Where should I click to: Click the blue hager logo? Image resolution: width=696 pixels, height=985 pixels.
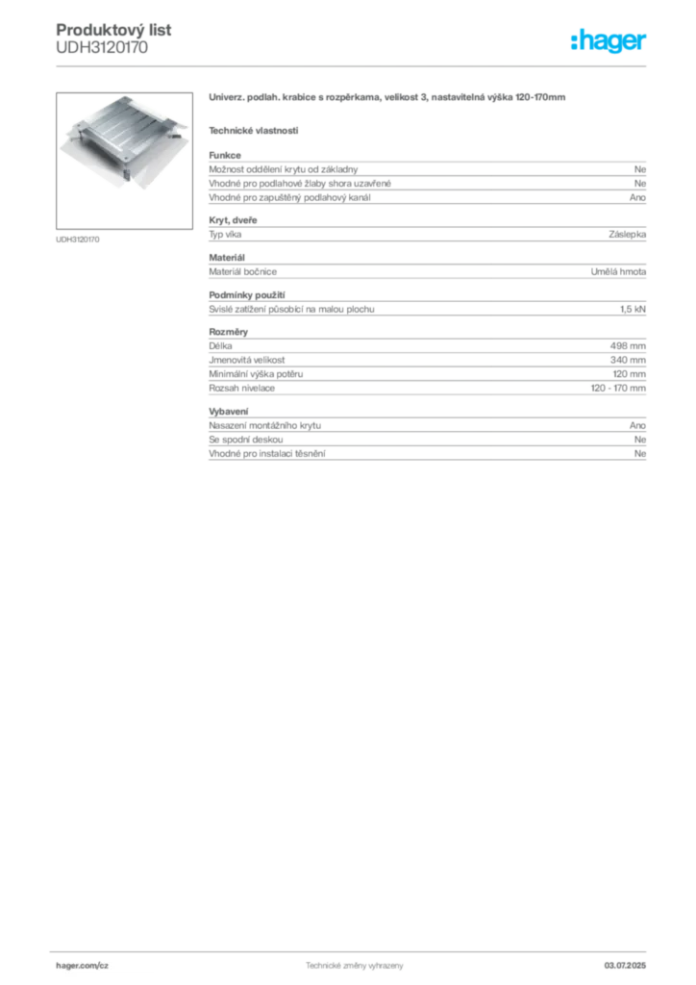click(609, 41)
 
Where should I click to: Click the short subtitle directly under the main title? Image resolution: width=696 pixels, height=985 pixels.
click(254, 130)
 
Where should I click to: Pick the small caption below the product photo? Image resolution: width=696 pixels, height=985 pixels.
click(80, 238)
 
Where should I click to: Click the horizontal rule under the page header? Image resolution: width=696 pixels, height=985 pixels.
click(354, 65)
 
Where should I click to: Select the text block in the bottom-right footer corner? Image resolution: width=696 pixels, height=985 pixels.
click(631, 962)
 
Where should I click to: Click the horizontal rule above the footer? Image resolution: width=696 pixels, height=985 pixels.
click(354, 949)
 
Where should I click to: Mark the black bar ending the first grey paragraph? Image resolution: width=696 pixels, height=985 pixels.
click(499, 195)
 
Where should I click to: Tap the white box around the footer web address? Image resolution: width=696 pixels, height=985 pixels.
click(107, 965)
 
